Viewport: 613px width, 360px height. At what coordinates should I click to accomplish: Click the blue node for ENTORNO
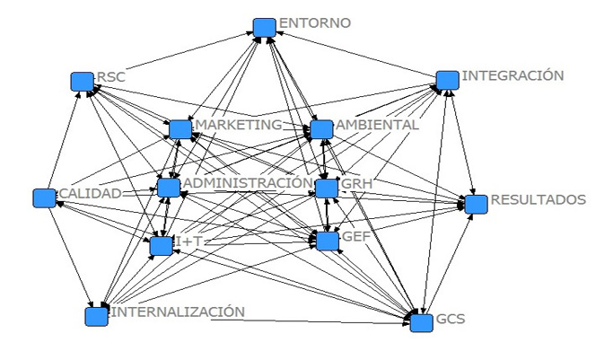click(264, 28)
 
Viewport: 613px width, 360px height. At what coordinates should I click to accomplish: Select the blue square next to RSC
click(83, 82)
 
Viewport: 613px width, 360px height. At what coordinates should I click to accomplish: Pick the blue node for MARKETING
click(180, 129)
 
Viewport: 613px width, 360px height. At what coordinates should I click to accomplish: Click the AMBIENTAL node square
click(321, 129)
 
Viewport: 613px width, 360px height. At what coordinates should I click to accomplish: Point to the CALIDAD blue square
click(44, 198)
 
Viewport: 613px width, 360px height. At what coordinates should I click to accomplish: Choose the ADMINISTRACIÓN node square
click(168, 188)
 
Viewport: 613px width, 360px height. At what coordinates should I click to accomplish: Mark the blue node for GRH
click(327, 189)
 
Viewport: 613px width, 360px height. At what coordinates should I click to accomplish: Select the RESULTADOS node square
click(476, 204)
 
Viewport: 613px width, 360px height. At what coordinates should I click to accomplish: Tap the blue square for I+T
click(162, 245)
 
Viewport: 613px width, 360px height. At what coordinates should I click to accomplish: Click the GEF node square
click(327, 240)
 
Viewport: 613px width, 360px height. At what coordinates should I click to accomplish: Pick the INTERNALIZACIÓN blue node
click(96, 316)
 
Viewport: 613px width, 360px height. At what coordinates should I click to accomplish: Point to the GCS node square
click(422, 322)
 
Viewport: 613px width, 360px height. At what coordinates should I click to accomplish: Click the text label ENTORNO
click(314, 22)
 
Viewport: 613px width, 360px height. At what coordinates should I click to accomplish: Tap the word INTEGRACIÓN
click(512, 75)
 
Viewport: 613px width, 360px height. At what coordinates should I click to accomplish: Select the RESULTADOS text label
click(538, 198)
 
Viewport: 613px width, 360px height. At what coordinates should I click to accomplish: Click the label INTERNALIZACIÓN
click(177, 312)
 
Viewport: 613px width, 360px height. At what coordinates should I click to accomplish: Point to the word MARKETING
click(238, 124)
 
